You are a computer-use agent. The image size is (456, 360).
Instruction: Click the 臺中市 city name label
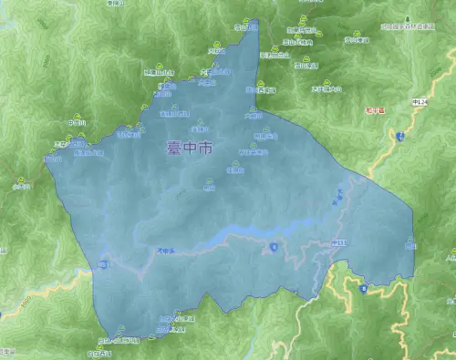tap(190, 147)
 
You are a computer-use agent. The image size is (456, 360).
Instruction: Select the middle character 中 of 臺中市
tap(190, 147)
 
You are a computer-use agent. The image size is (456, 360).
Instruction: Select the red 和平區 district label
tap(375, 110)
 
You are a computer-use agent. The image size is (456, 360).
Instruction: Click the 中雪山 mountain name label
tap(77, 123)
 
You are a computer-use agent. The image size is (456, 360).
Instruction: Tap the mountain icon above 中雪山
tap(78, 116)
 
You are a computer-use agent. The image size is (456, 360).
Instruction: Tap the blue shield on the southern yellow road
tap(363, 289)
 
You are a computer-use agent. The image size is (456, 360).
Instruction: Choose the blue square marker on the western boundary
tap(104, 265)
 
